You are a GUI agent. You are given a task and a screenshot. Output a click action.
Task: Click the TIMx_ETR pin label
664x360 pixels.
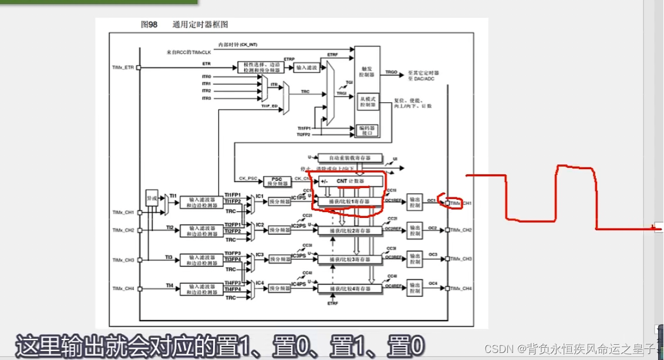point(123,68)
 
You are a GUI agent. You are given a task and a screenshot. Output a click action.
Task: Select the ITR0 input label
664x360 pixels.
point(206,77)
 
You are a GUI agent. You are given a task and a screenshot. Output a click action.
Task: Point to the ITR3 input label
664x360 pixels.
point(206,98)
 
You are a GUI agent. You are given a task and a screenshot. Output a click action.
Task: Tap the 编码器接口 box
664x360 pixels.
point(366,130)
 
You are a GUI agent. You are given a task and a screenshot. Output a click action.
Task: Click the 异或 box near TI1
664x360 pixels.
point(151,199)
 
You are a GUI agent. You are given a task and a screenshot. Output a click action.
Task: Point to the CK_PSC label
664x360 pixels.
point(248,178)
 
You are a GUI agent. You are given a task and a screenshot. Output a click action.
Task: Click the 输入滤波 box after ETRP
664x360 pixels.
point(306,68)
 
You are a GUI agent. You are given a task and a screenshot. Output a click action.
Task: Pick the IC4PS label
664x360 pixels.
point(298,284)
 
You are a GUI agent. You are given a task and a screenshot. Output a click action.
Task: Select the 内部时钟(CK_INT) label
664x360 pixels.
point(238,44)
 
